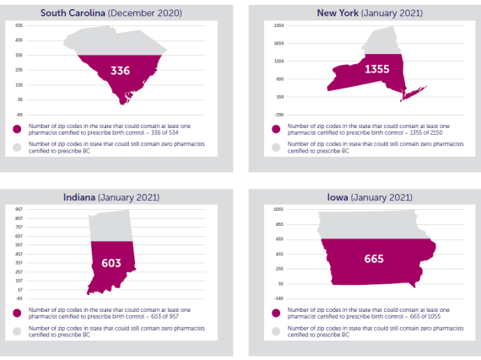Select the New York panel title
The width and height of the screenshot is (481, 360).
click(368, 13)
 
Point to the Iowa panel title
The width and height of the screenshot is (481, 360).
click(368, 196)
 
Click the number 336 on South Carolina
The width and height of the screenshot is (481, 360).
click(120, 71)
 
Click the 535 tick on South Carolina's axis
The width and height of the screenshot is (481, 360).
click(19, 26)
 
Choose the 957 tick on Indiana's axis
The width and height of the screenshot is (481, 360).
click(19, 209)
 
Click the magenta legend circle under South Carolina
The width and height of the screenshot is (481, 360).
click(17, 130)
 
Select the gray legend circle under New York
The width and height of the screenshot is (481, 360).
click(276, 146)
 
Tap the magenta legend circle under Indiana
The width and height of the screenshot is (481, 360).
click(17, 313)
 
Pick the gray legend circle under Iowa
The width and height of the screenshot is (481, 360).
click(276, 330)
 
